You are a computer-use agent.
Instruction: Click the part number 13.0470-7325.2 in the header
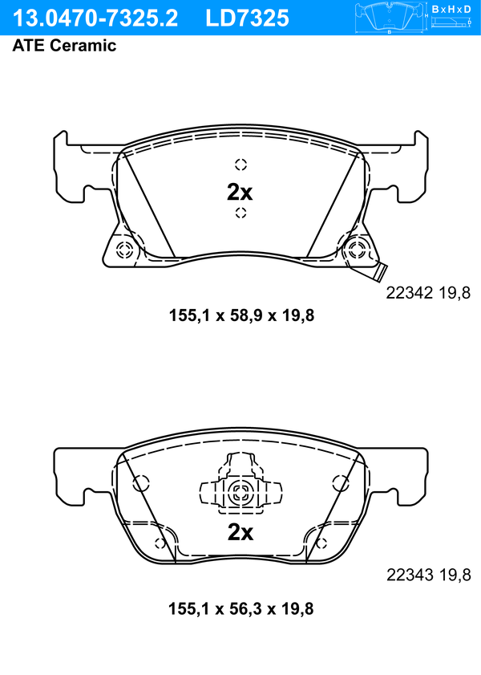[x=95, y=18]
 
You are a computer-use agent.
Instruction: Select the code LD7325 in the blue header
[x=247, y=18]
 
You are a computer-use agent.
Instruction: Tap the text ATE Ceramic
[x=64, y=45]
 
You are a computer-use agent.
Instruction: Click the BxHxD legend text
[x=451, y=9]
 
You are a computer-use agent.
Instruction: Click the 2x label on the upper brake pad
[x=240, y=193]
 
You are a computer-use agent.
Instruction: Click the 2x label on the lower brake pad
[x=240, y=532]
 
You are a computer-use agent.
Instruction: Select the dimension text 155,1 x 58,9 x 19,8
[x=241, y=315]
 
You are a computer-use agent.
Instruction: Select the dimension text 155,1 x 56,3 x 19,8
[x=241, y=608]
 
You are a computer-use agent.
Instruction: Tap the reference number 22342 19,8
[x=428, y=293]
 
